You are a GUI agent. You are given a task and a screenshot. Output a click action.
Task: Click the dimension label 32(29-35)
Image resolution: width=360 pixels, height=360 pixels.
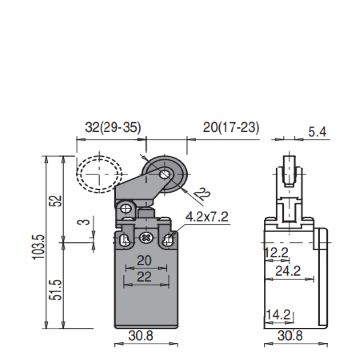click(113, 127)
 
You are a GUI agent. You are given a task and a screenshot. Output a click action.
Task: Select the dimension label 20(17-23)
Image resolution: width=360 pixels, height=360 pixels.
click(231, 127)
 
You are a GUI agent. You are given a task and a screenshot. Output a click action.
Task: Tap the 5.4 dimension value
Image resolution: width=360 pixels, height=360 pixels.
click(317, 132)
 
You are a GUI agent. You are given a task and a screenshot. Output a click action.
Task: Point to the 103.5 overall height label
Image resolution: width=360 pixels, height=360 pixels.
click(38, 247)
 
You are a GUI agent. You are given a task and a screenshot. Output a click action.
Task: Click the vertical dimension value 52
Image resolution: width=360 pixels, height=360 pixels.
click(58, 201)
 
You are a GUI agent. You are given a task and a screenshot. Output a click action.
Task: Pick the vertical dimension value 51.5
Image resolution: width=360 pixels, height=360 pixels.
click(58, 290)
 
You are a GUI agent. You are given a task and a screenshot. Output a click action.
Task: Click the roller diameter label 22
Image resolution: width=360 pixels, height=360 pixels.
click(202, 194)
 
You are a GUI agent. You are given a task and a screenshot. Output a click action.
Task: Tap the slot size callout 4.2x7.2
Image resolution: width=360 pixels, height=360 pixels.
click(207, 217)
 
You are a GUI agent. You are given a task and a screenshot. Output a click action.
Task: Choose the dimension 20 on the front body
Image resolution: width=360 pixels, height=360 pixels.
click(144, 260)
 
